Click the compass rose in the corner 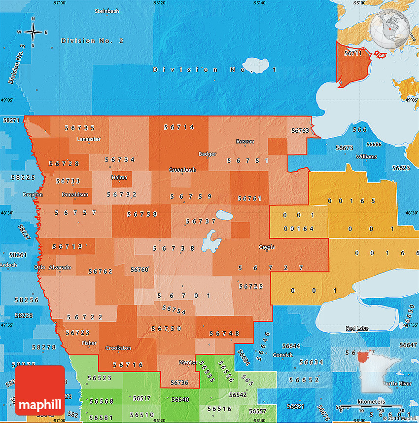[33, 32]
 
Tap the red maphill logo [39, 390]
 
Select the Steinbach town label [106, 11]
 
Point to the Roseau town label [245, 142]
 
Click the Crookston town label [118, 348]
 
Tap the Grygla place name [266, 247]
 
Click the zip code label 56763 [300, 131]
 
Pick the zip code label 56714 [179, 127]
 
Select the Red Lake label [356, 328]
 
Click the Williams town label [366, 156]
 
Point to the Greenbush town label [182, 170]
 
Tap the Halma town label [119, 177]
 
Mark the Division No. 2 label [92, 40]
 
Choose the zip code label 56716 [128, 365]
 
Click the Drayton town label [33, 194]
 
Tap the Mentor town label [188, 362]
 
